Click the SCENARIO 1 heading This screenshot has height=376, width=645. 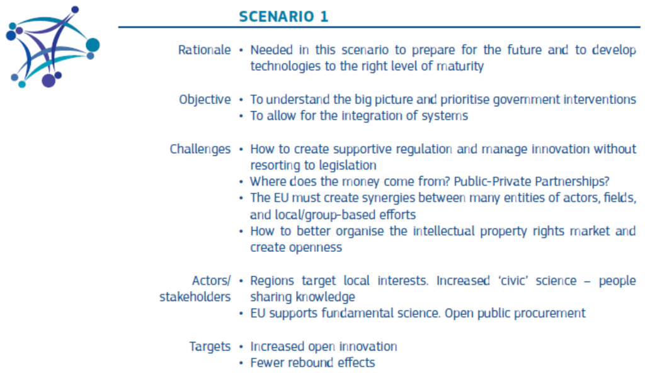(x=283, y=16)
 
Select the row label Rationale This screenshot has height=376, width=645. (x=205, y=50)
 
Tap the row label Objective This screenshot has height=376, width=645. (x=205, y=100)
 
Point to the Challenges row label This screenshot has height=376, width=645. (x=200, y=149)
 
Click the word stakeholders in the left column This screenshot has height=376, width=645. (x=195, y=297)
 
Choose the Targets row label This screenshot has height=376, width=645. (x=210, y=346)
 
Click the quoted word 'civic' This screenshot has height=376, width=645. (x=513, y=280)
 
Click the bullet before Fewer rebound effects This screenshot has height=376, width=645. (x=241, y=363)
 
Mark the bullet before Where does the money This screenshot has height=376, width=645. (x=241, y=182)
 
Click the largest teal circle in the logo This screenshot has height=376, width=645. (x=93, y=45)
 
